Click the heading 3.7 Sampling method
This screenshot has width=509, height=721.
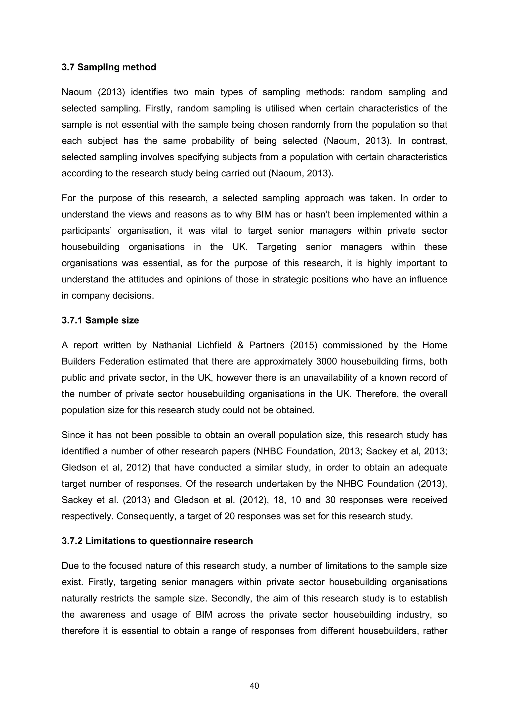pyautogui.click(x=109, y=67)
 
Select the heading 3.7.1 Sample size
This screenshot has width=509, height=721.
pyautogui.click(x=100, y=320)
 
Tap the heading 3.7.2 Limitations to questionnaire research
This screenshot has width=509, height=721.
pyautogui.click(x=157, y=541)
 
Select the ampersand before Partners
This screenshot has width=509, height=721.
pyautogui.click(x=240, y=345)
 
